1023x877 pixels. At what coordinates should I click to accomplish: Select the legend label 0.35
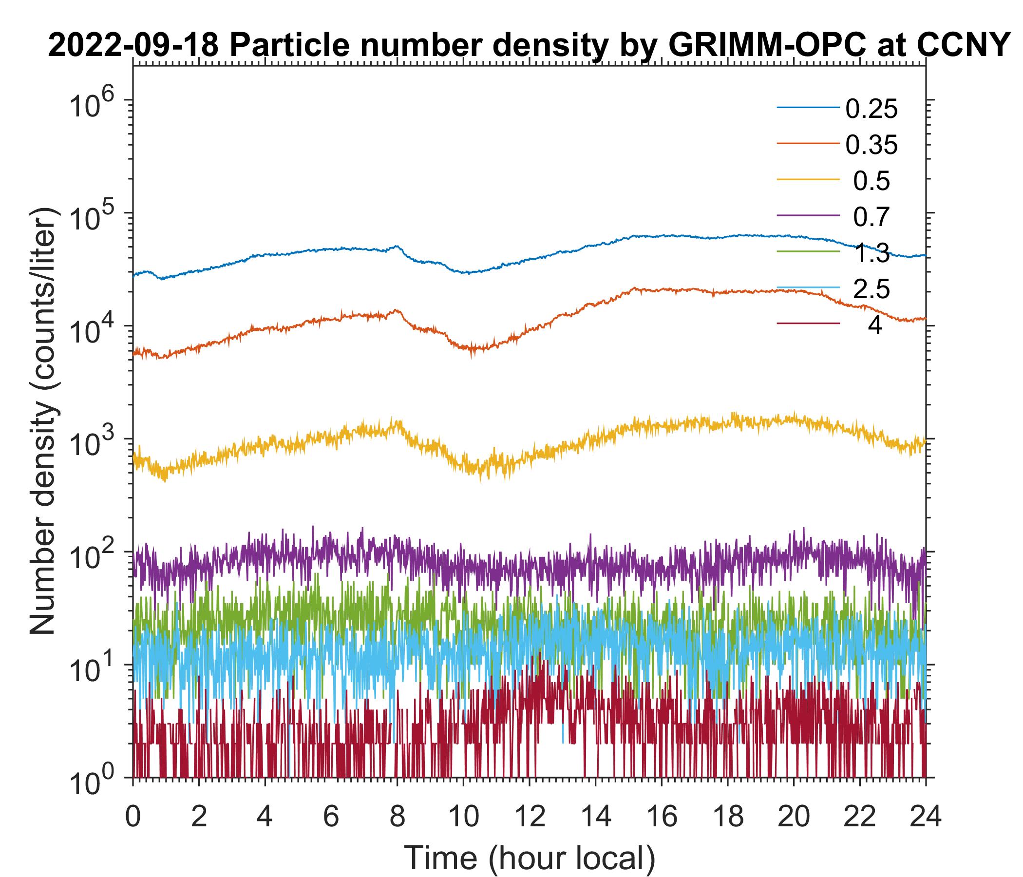point(871,145)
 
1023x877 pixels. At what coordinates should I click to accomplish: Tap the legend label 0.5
point(871,181)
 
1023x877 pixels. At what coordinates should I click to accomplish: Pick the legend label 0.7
point(871,217)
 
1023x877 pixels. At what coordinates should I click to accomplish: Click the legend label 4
point(874,326)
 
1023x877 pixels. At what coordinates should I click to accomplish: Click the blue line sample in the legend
point(808,107)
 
